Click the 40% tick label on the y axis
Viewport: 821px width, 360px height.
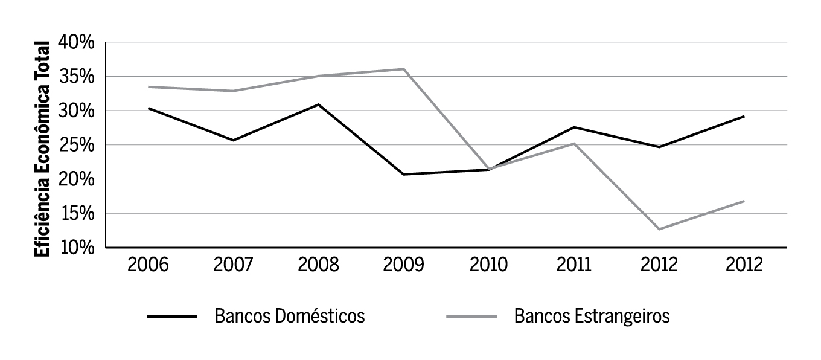(x=77, y=43)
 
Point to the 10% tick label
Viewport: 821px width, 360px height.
(x=77, y=248)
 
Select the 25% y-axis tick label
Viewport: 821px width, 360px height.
(x=77, y=145)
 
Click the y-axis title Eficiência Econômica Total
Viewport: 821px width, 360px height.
(x=43, y=148)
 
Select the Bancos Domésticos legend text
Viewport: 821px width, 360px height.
(x=289, y=317)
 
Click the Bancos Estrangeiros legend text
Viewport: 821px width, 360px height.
(x=592, y=317)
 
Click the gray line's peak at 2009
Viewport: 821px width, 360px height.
(x=403, y=69)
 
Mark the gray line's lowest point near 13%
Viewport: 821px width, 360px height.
(x=659, y=229)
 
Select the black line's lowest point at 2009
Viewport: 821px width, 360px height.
(x=403, y=175)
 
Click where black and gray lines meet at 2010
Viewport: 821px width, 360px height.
(x=488, y=169)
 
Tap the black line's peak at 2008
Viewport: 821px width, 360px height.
(x=318, y=104)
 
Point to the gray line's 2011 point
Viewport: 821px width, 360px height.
(x=573, y=143)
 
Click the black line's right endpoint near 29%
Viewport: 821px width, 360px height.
(x=744, y=116)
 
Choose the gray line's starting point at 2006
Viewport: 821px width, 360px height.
(x=148, y=87)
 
